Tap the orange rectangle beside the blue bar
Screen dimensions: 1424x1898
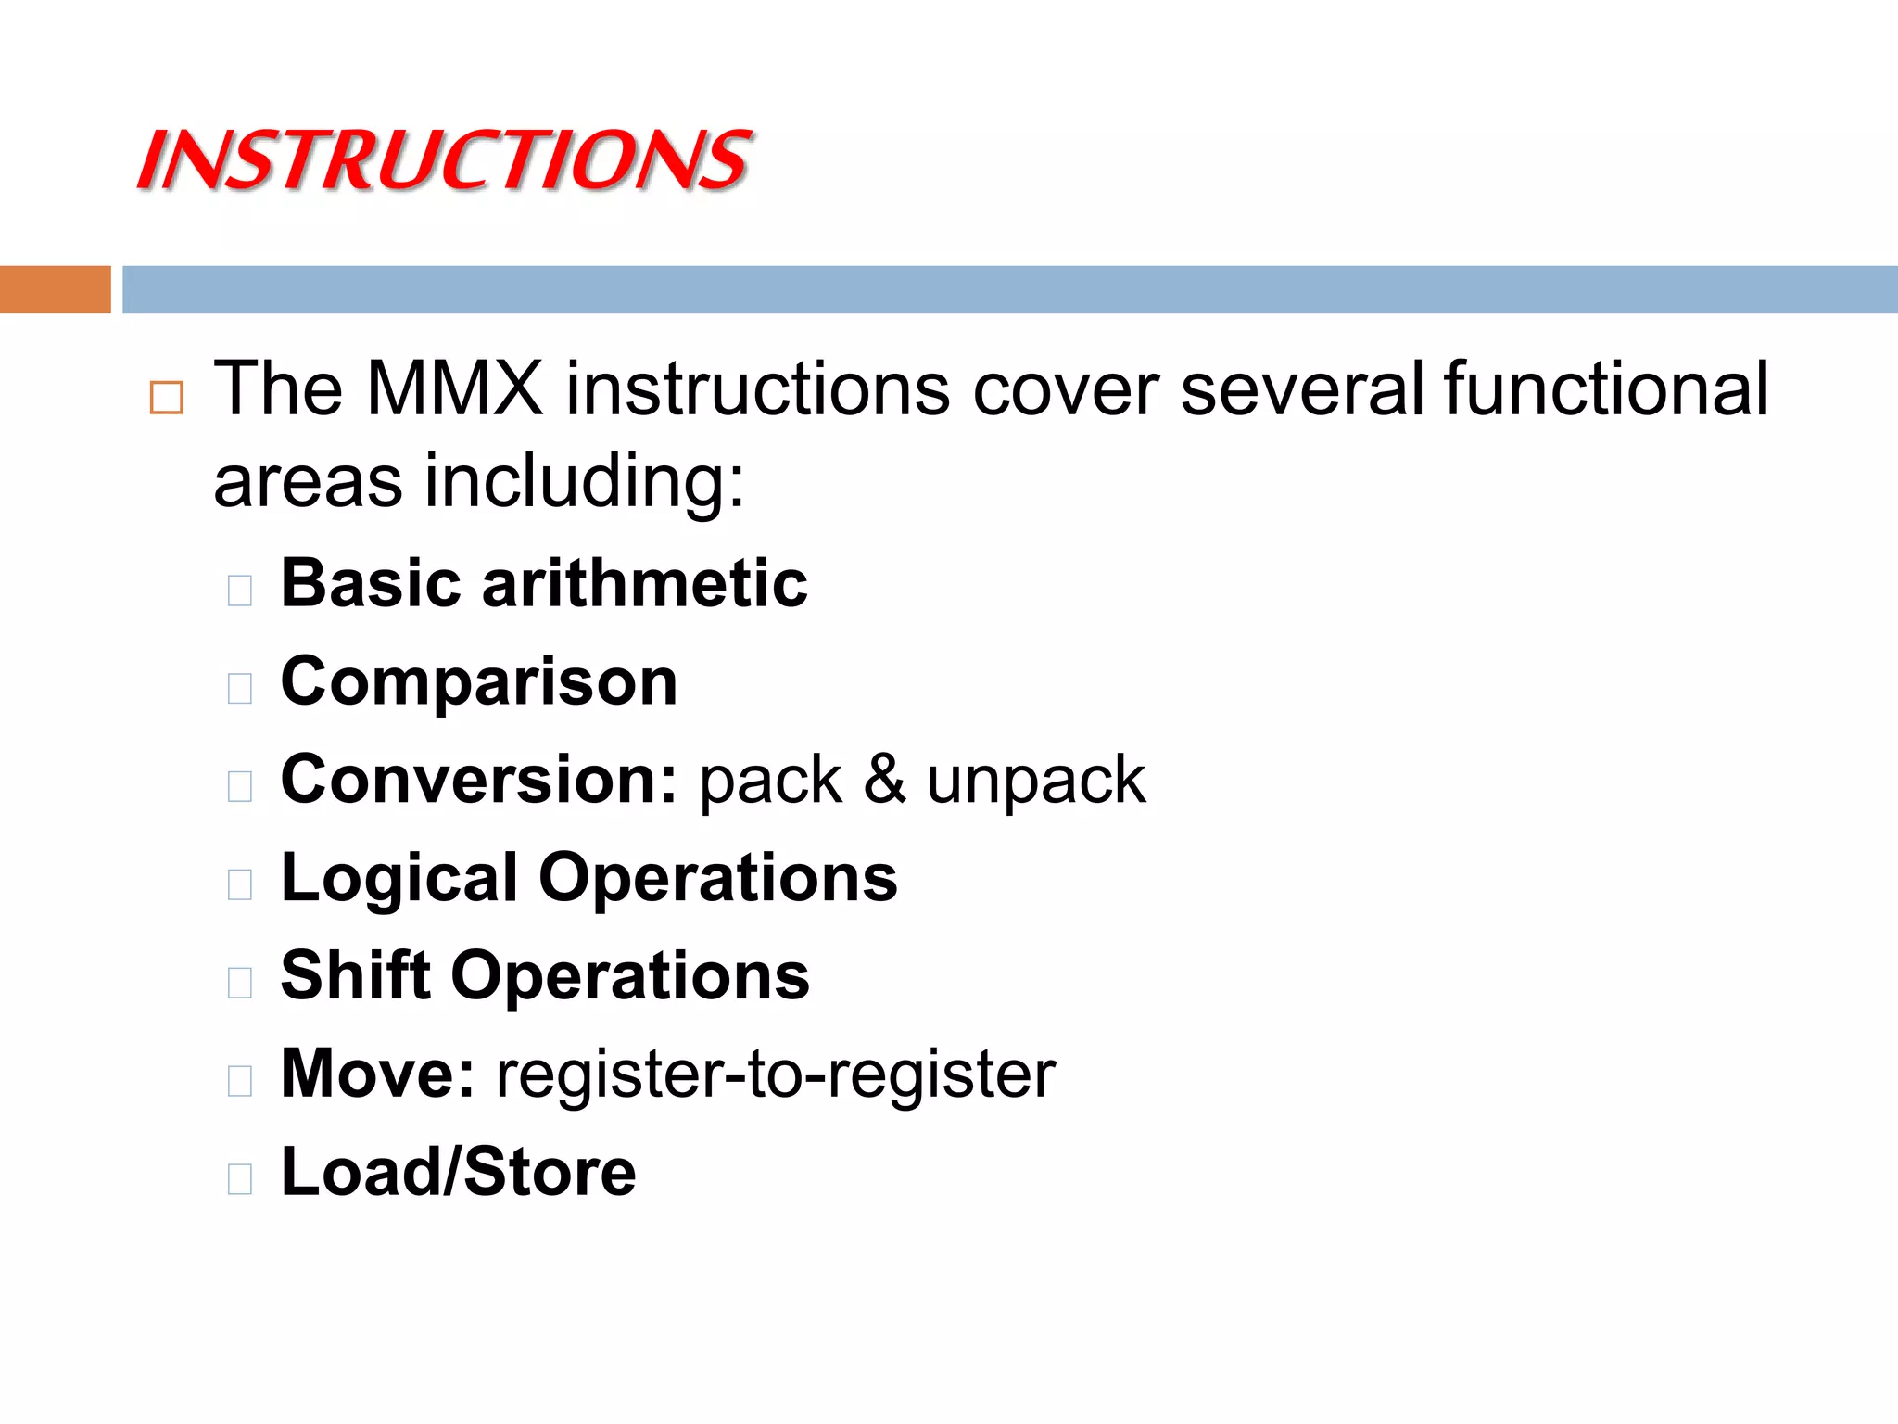tap(55, 289)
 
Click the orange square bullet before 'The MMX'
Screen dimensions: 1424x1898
tap(167, 398)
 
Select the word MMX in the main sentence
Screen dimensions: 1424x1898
tap(454, 388)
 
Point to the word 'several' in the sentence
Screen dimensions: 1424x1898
tap(1302, 388)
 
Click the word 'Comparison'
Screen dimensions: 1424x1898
tap(479, 682)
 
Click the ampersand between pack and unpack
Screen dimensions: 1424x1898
tap(884, 780)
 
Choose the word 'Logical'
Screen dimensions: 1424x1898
tap(399, 879)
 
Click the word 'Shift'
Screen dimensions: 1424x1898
tap(355, 976)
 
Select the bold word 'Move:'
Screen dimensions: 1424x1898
tap(377, 1074)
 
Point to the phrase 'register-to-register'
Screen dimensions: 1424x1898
tap(776, 1075)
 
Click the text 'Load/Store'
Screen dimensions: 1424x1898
tap(458, 1173)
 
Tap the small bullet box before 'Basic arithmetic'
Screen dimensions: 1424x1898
tap(240, 591)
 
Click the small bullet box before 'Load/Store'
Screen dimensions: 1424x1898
tap(240, 1178)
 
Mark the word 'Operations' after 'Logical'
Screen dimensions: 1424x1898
tap(718, 879)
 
